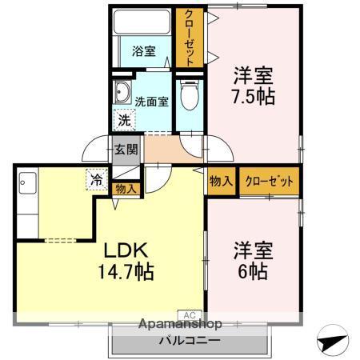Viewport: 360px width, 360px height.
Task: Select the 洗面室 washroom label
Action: click(150, 102)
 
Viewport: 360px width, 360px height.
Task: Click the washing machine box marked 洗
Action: click(124, 120)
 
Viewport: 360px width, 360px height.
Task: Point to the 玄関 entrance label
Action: click(126, 149)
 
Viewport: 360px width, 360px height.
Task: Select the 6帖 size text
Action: click(253, 270)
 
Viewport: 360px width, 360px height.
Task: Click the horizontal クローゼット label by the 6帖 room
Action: click(269, 181)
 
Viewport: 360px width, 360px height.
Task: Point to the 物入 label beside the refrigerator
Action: click(126, 189)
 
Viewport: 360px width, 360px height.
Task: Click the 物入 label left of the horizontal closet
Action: click(221, 181)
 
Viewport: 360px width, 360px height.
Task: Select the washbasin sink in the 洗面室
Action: click(123, 90)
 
